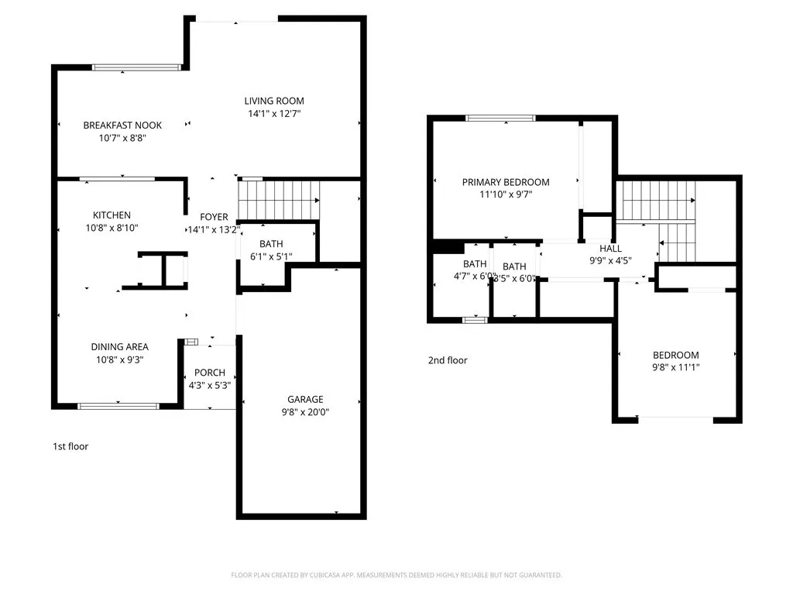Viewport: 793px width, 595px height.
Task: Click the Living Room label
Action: coord(274,101)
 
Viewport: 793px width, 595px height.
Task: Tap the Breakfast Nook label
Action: coord(122,126)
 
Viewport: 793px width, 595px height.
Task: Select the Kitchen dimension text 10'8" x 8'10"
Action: coord(112,228)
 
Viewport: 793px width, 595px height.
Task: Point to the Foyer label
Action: coord(214,217)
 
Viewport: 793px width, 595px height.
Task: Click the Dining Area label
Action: coord(120,347)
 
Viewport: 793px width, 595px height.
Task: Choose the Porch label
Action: coord(210,373)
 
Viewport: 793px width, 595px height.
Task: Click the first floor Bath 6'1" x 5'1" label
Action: coord(271,244)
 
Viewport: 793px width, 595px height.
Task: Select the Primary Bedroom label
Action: coord(506,182)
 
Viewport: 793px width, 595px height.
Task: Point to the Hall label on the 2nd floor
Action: coord(611,249)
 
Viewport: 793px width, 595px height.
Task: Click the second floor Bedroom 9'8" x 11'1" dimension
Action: coord(676,368)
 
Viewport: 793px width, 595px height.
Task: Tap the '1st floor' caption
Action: coord(70,446)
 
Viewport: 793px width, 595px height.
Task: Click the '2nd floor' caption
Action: coord(448,360)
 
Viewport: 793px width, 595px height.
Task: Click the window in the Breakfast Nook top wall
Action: coord(136,67)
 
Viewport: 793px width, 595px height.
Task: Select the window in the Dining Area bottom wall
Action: coord(118,405)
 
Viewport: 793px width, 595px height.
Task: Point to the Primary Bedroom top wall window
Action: coord(500,118)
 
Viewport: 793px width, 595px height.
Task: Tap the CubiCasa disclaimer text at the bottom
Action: coord(396,575)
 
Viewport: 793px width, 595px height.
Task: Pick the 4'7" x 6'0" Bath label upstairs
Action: coord(475,264)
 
